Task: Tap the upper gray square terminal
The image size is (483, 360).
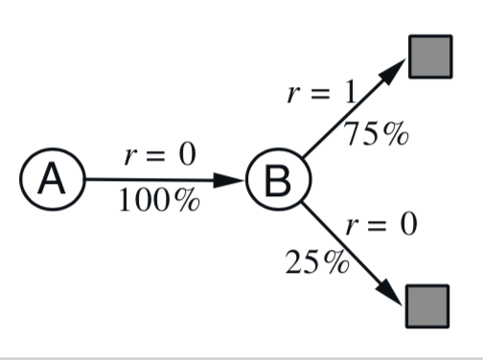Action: pyautogui.click(x=430, y=56)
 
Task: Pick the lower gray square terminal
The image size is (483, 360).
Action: pyautogui.click(x=427, y=306)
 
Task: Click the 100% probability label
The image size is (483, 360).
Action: pyautogui.click(x=159, y=200)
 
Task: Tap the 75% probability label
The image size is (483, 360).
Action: pyautogui.click(x=376, y=133)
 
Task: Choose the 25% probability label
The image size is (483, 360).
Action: pyautogui.click(x=317, y=261)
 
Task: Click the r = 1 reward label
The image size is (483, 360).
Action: pyautogui.click(x=321, y=92)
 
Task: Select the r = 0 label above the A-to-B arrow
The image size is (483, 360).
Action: pyautogui.click(x=160, y=154)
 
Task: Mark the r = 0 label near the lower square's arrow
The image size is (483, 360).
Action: pyautogui.click(x=381, y=224)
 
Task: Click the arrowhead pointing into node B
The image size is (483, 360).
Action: pyautogui.click(x=229, y=180)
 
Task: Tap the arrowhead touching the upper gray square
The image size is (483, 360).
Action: pyautogui.click(x=392, y=72)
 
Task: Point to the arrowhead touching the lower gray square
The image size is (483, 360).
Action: pyautogui.click(x=389, y=292)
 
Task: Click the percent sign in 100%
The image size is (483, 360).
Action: pyautogui.click(x=187, y=199)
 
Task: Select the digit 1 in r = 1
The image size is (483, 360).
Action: pyautogui.click(x=351, y=92)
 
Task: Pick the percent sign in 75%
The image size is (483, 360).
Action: pyautogui.click(x=396, y=133)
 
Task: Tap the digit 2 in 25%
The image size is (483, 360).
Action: pyautogui.click(x=293, y=261)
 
